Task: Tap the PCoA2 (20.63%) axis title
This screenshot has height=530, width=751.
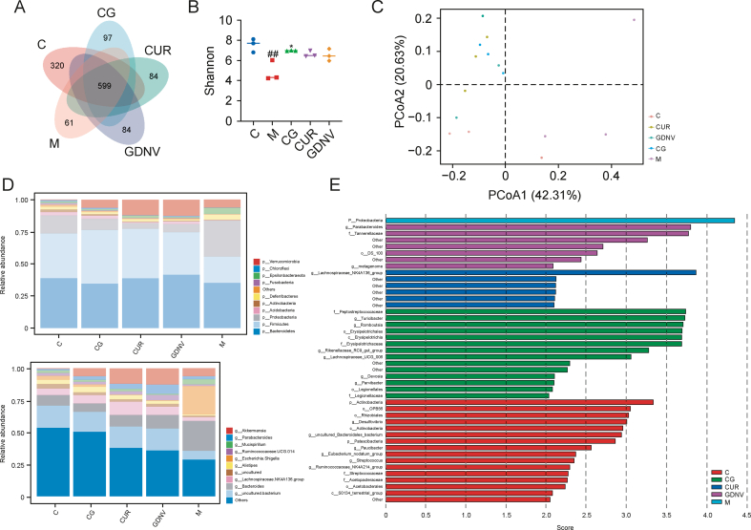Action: tap(383, 84)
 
